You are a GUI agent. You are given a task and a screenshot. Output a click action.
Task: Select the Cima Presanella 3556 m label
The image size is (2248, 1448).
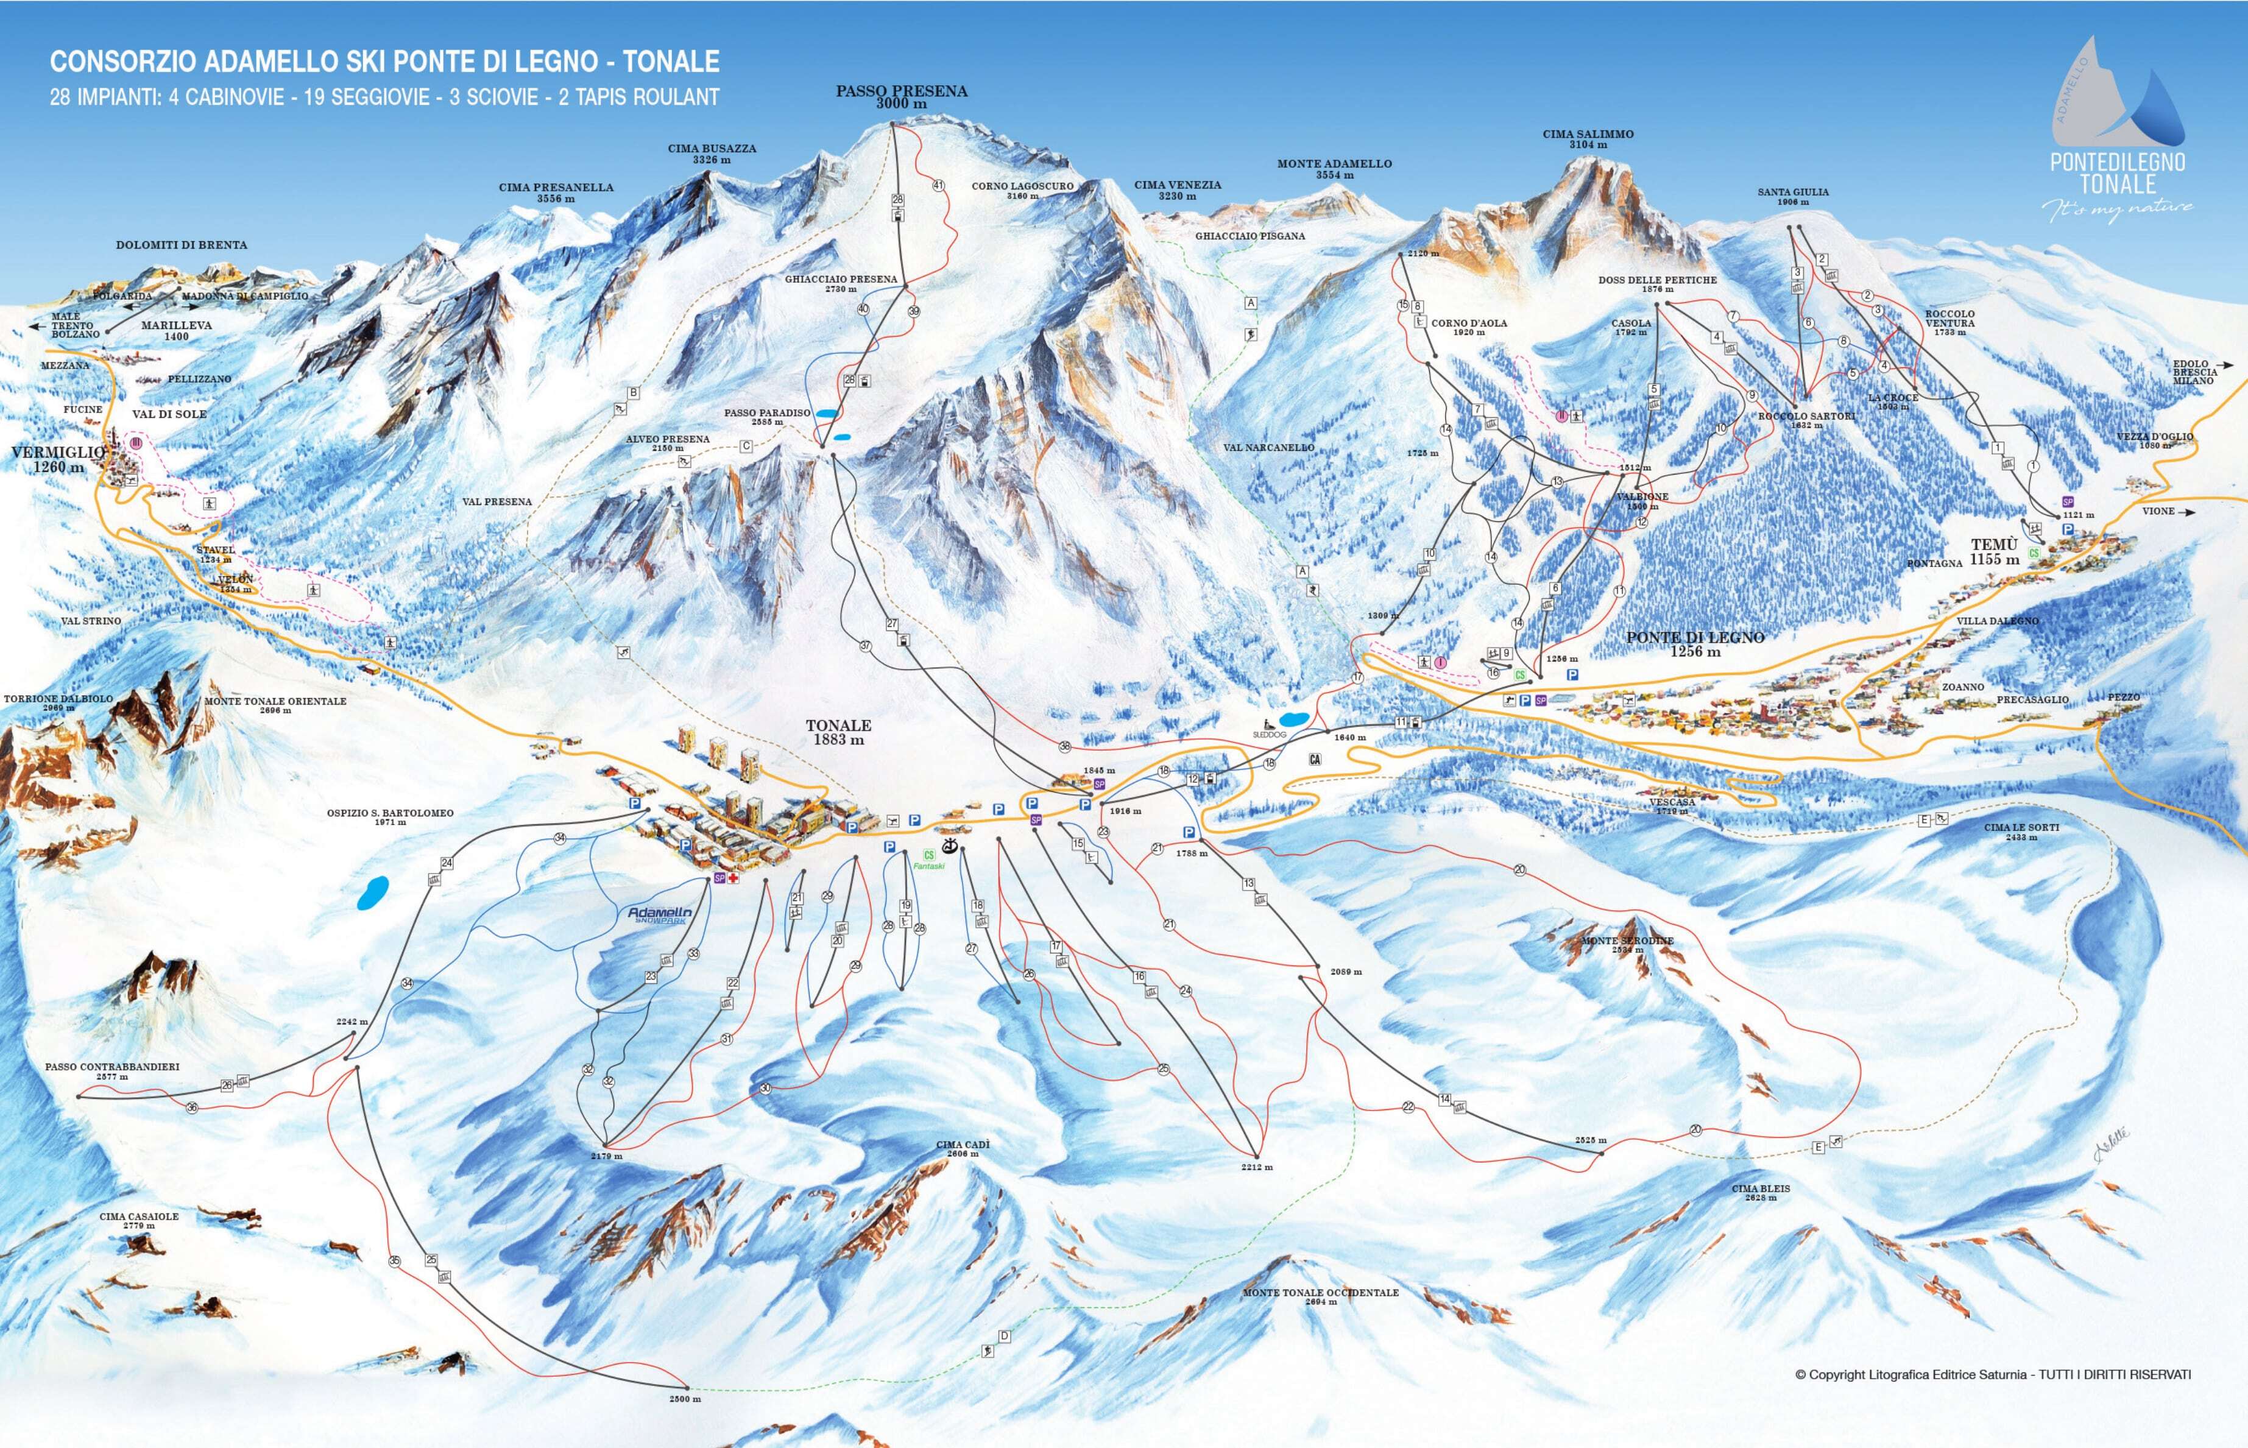coord(556,192)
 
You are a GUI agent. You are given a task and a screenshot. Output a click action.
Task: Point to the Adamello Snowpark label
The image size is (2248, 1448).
coord(659,915)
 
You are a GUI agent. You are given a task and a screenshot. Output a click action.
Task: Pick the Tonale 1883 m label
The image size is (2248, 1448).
coord(838,732)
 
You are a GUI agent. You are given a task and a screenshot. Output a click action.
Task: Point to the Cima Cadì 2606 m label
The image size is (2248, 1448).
coord(963,1149)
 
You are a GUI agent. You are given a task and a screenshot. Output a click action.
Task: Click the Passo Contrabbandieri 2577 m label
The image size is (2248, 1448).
coord(112,1071)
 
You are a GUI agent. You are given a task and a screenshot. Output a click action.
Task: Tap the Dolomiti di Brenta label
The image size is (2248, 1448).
coord(182,244)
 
